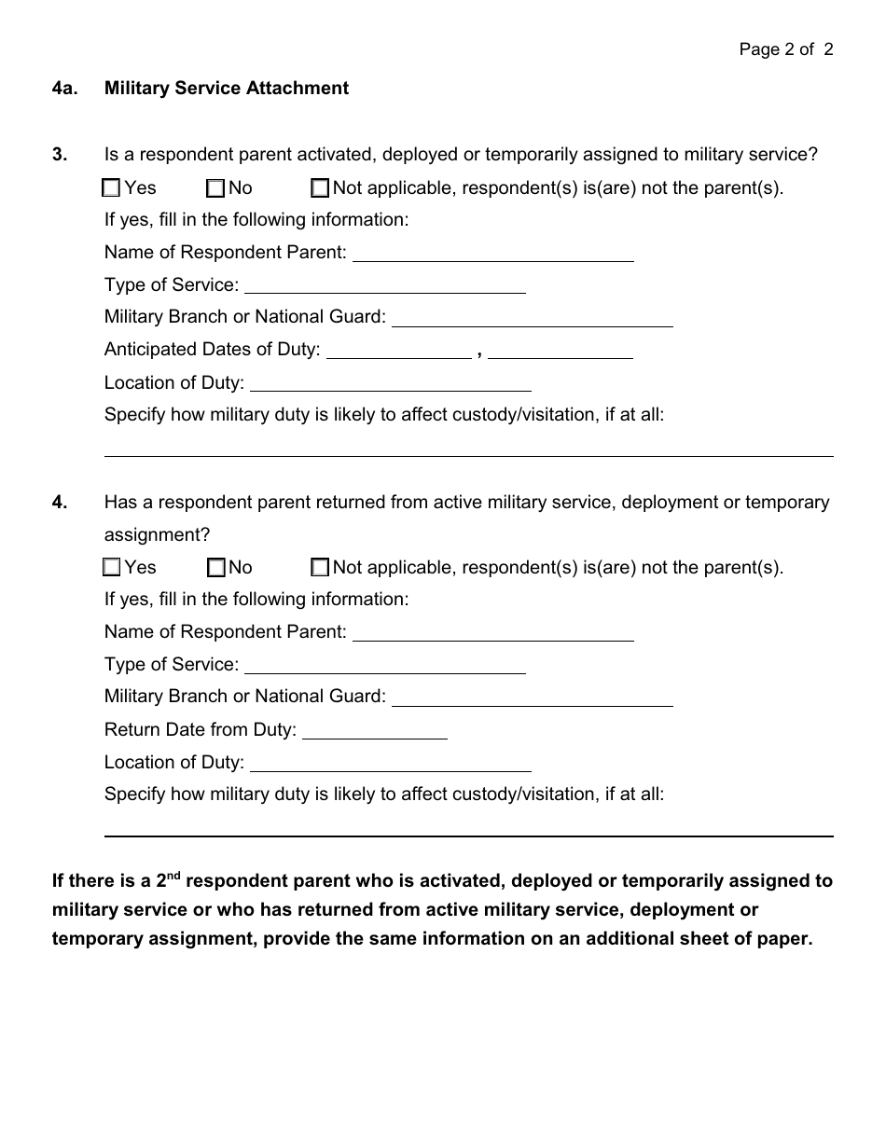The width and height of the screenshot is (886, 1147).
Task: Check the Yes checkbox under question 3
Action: click(x=112, y=188)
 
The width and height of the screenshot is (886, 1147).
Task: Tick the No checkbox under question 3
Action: click(x=215, y=188)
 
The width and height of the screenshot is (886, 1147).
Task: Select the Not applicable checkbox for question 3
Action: click(x=320, y=188)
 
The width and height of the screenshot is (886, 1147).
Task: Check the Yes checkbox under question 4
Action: click(x=112, y=567)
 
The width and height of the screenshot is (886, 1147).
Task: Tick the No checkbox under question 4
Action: click(x=215, y=567)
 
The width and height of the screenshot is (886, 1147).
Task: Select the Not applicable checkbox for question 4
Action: click(x=320, y=567)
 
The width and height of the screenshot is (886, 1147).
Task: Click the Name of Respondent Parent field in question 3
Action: click(x=493, y=253)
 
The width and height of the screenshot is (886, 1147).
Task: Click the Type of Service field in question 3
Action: click(x=384, y=285)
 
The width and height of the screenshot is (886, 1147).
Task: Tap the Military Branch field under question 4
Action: click(x=533, y=697)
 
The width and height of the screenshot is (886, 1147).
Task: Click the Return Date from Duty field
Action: click(x=375, y=730)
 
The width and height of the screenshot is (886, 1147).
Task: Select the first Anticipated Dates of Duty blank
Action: click(x=399, y=350)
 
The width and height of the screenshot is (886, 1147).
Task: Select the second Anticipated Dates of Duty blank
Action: click(x=560, y=350)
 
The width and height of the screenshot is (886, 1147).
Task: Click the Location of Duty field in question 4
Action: click(x=391, y=763)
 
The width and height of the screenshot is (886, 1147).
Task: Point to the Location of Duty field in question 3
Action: click(x=391, y=382)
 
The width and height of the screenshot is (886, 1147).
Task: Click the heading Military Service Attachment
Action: click(x=227, y=89)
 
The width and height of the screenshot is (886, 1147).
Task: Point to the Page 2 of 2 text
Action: click(x=786, y=49)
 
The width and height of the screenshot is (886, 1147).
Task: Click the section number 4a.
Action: click(x=64, y=89)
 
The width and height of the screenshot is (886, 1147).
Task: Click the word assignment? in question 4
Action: click(x=157, y=534)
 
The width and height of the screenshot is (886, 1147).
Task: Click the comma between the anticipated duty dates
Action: click(x=479, y=352)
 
